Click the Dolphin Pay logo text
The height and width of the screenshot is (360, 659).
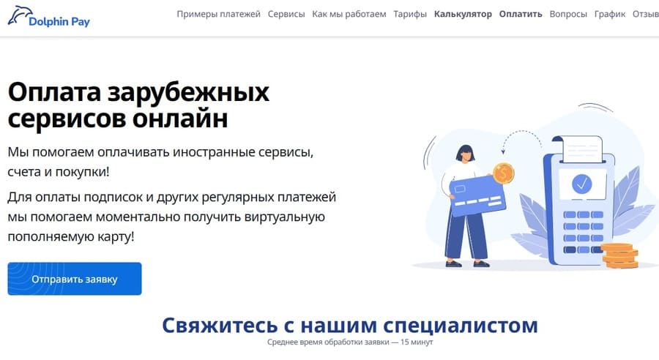[x=59, y=21]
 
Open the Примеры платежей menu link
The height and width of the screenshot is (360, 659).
[x=218, y=14]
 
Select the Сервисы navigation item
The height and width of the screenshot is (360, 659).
[x=286, y=14]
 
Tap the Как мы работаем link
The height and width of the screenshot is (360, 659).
[x=349, y=14]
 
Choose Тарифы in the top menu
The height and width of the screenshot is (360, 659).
[x=410, y=14]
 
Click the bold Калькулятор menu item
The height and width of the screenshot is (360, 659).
[x=463, y=14]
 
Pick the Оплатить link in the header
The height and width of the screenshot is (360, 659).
[x=521, y=14]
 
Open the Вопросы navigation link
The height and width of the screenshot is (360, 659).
[x=568, y=14]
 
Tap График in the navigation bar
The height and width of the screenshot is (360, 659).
[x=610, y=14]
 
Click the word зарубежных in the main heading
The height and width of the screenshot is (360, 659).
[x=188, y=92]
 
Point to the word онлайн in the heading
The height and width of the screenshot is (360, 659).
[x=180, y=119]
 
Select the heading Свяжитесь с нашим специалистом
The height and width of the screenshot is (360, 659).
[x=350, y=325]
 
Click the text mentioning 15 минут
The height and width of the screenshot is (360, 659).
[x=416, y=342]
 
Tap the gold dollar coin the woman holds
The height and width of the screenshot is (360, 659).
[x=504, y=173]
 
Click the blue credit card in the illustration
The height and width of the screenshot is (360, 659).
[x=477, y=196]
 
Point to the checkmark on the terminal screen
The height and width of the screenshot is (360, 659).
[x=582, y=184]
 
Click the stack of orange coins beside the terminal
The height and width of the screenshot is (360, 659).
[x=620, y=255]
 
